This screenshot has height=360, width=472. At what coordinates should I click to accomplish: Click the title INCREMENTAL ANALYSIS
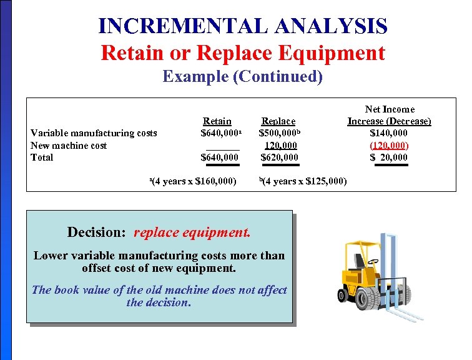(x=243, y=26)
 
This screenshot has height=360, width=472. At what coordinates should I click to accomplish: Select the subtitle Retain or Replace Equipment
(x=243, y=52)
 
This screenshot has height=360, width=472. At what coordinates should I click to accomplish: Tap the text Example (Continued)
(x=243, y=77)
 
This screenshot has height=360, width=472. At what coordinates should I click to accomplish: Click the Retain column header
(x=217, y=121)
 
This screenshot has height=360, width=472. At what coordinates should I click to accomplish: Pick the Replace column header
(x=278, y=121)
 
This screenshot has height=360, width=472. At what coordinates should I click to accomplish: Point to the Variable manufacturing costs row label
(x=94, y=132)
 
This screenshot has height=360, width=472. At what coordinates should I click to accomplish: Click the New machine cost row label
(x=69, y=145)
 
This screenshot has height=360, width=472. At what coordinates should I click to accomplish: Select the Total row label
(x=42, y=157)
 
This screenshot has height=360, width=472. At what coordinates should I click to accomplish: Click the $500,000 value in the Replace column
(x=278, y=132)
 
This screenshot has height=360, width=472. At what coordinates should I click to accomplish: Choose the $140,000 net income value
(x=389, y=132)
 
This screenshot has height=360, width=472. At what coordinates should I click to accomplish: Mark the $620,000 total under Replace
(x=279, y=157)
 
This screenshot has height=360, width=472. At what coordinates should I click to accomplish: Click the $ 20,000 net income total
(x=389, y=157)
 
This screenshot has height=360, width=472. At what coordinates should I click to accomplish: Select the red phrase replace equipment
(x=192, y=232)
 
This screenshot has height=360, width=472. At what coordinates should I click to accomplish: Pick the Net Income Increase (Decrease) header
(x=389, y=115)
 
